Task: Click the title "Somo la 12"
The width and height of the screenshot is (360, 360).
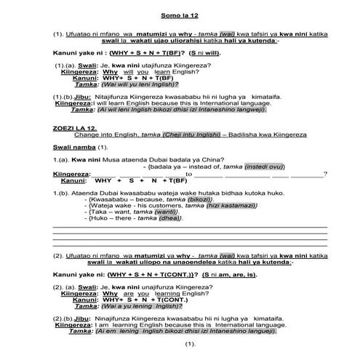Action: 180,15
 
